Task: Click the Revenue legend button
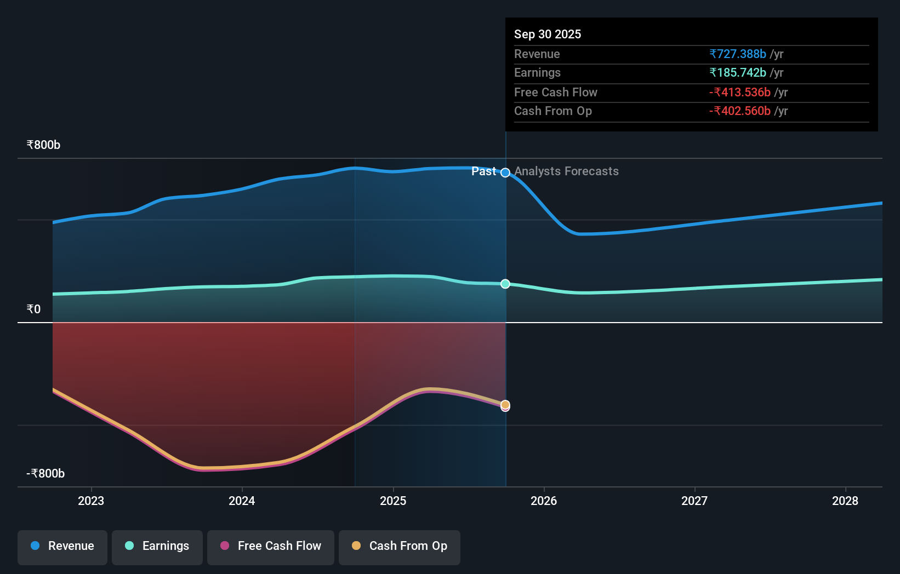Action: point(62,546)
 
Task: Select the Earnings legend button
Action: point(157,546)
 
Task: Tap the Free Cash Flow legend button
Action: point(271,546)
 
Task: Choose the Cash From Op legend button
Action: point(400,546)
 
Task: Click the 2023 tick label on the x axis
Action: point(91,501)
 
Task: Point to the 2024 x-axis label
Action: point(242,501)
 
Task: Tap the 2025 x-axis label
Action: point(393,501)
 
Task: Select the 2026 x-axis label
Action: point(544,501)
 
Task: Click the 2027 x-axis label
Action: point(694,501)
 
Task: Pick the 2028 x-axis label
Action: point(845,501)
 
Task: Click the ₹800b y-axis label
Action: point(43,145)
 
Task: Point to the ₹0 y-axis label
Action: point(33,309)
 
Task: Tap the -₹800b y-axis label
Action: point(45,474)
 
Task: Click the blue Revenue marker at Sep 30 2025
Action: point(505,173)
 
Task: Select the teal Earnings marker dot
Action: point(505,284)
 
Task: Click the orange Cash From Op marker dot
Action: point(505,404)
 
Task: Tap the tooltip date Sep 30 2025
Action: point(548,34)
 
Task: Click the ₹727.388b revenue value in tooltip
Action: point(737,54)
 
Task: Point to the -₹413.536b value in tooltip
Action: point(739,92)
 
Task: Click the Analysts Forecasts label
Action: point(566,171)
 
